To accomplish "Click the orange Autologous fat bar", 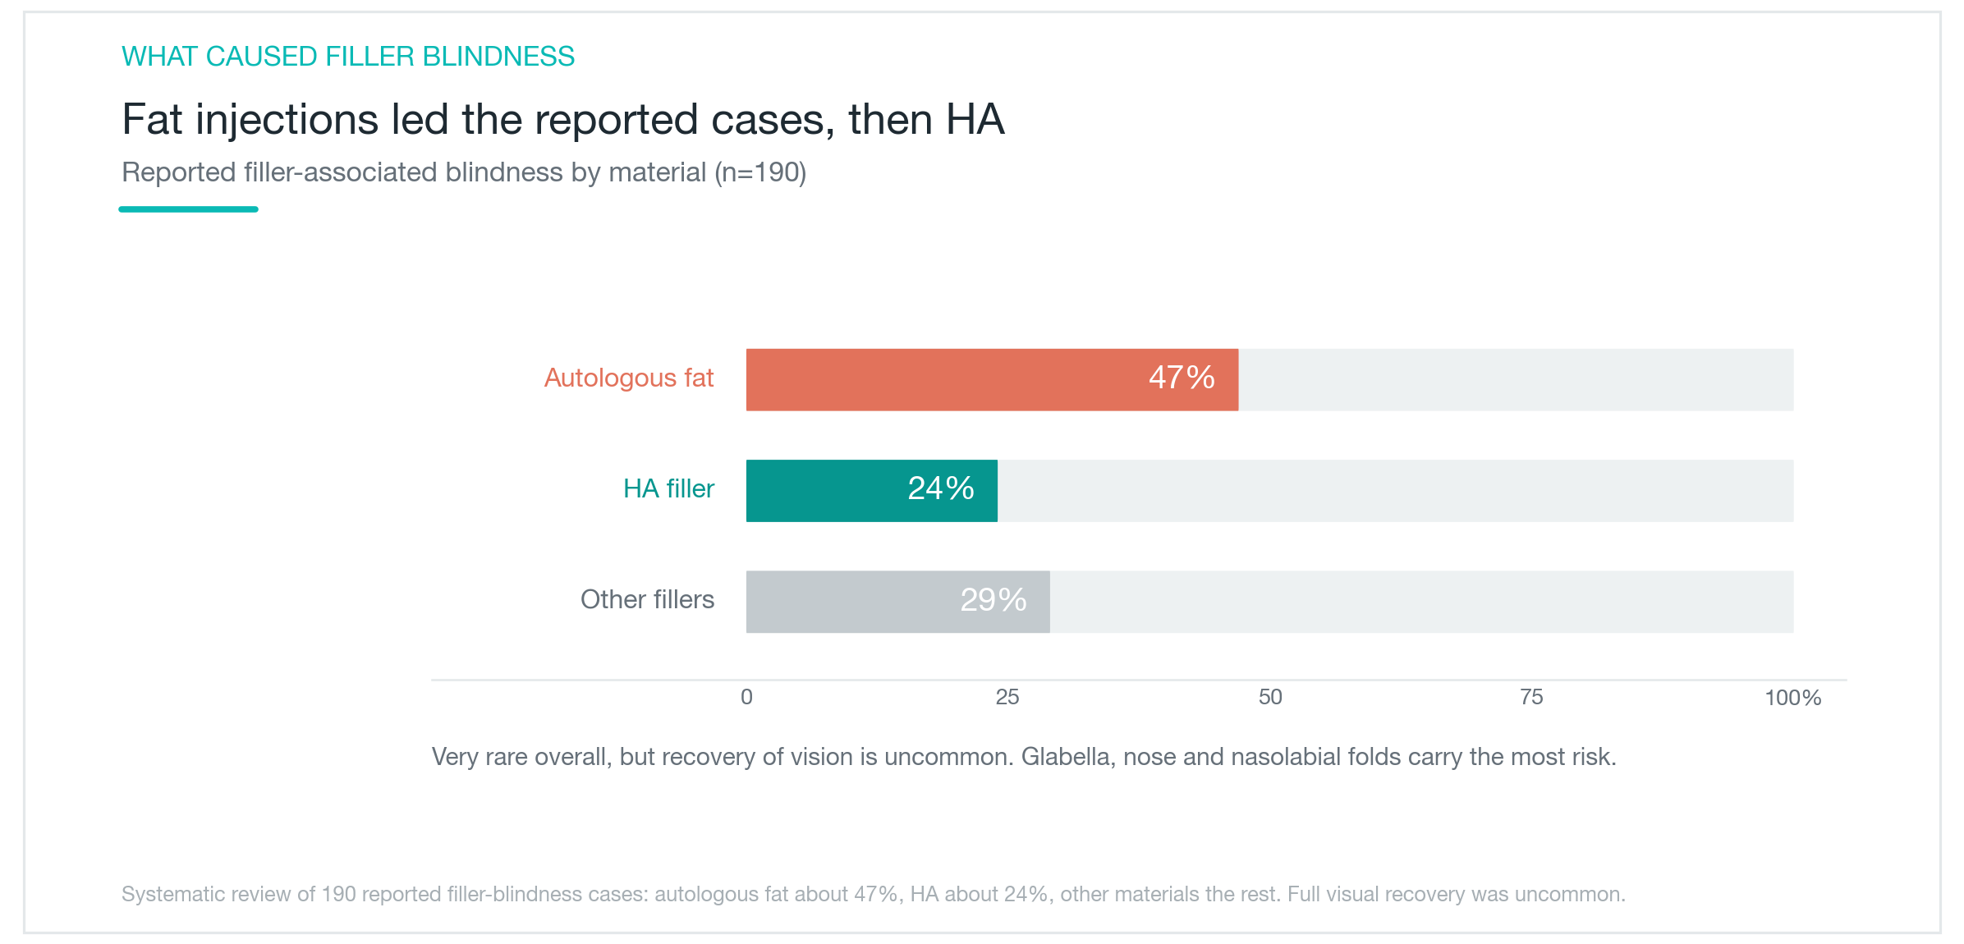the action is coord(992,379).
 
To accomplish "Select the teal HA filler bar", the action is coord(872,491).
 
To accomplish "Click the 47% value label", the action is coord(1182,378).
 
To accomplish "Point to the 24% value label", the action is coord(941,488).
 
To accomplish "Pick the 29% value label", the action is coord(993,600).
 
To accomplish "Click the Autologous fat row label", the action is coord(629,378).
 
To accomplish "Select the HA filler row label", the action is coord(669,488).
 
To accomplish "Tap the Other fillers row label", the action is coord(648,599).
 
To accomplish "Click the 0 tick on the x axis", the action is coord(746,697).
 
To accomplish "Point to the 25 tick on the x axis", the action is coord(1007,697).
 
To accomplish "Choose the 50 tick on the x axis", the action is coord(1270,697).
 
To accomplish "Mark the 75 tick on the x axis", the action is coord(1531,697).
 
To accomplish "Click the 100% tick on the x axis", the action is coord(1793,698).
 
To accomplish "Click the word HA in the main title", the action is coord(975,120).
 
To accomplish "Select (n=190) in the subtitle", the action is coord(760,172).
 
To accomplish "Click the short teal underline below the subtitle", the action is coord(189,209).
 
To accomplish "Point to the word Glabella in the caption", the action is coord(1066,756).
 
